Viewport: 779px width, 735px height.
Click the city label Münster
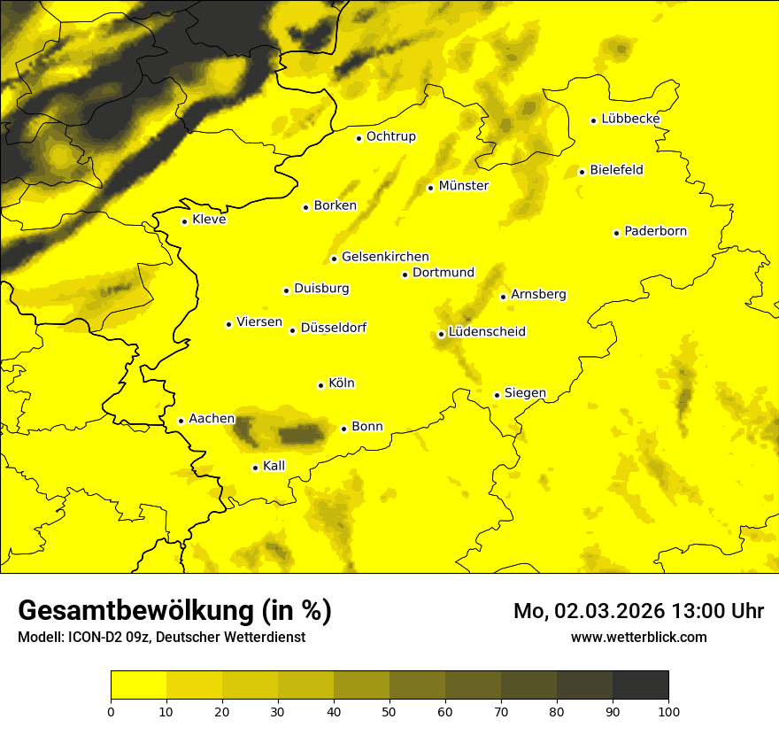click(463, 186)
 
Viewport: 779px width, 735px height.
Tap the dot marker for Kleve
click(184, 221)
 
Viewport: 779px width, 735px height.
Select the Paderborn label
click(655, 232)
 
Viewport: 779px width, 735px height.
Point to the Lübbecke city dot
click(593, 120)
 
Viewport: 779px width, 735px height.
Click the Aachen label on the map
click(212, 419)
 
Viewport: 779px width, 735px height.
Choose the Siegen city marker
click(497, 395)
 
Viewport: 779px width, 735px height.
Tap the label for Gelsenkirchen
click(385, 257)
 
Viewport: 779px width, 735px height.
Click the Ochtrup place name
click(390, 137)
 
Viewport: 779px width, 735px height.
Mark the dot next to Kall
click(255, 468)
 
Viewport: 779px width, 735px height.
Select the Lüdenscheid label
click(487, 332)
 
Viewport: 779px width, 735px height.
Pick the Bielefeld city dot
click(582, 172)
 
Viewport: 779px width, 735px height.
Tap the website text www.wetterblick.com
click(638, 637)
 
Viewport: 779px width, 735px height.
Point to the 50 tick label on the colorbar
click(389, 710)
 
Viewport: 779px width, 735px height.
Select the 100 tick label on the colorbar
click(668, 710)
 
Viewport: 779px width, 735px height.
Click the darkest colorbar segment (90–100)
click(640, 685)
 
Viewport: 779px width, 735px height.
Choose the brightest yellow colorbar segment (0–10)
click(138, 685)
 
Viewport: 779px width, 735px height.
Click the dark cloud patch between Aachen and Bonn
click(301, 434)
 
